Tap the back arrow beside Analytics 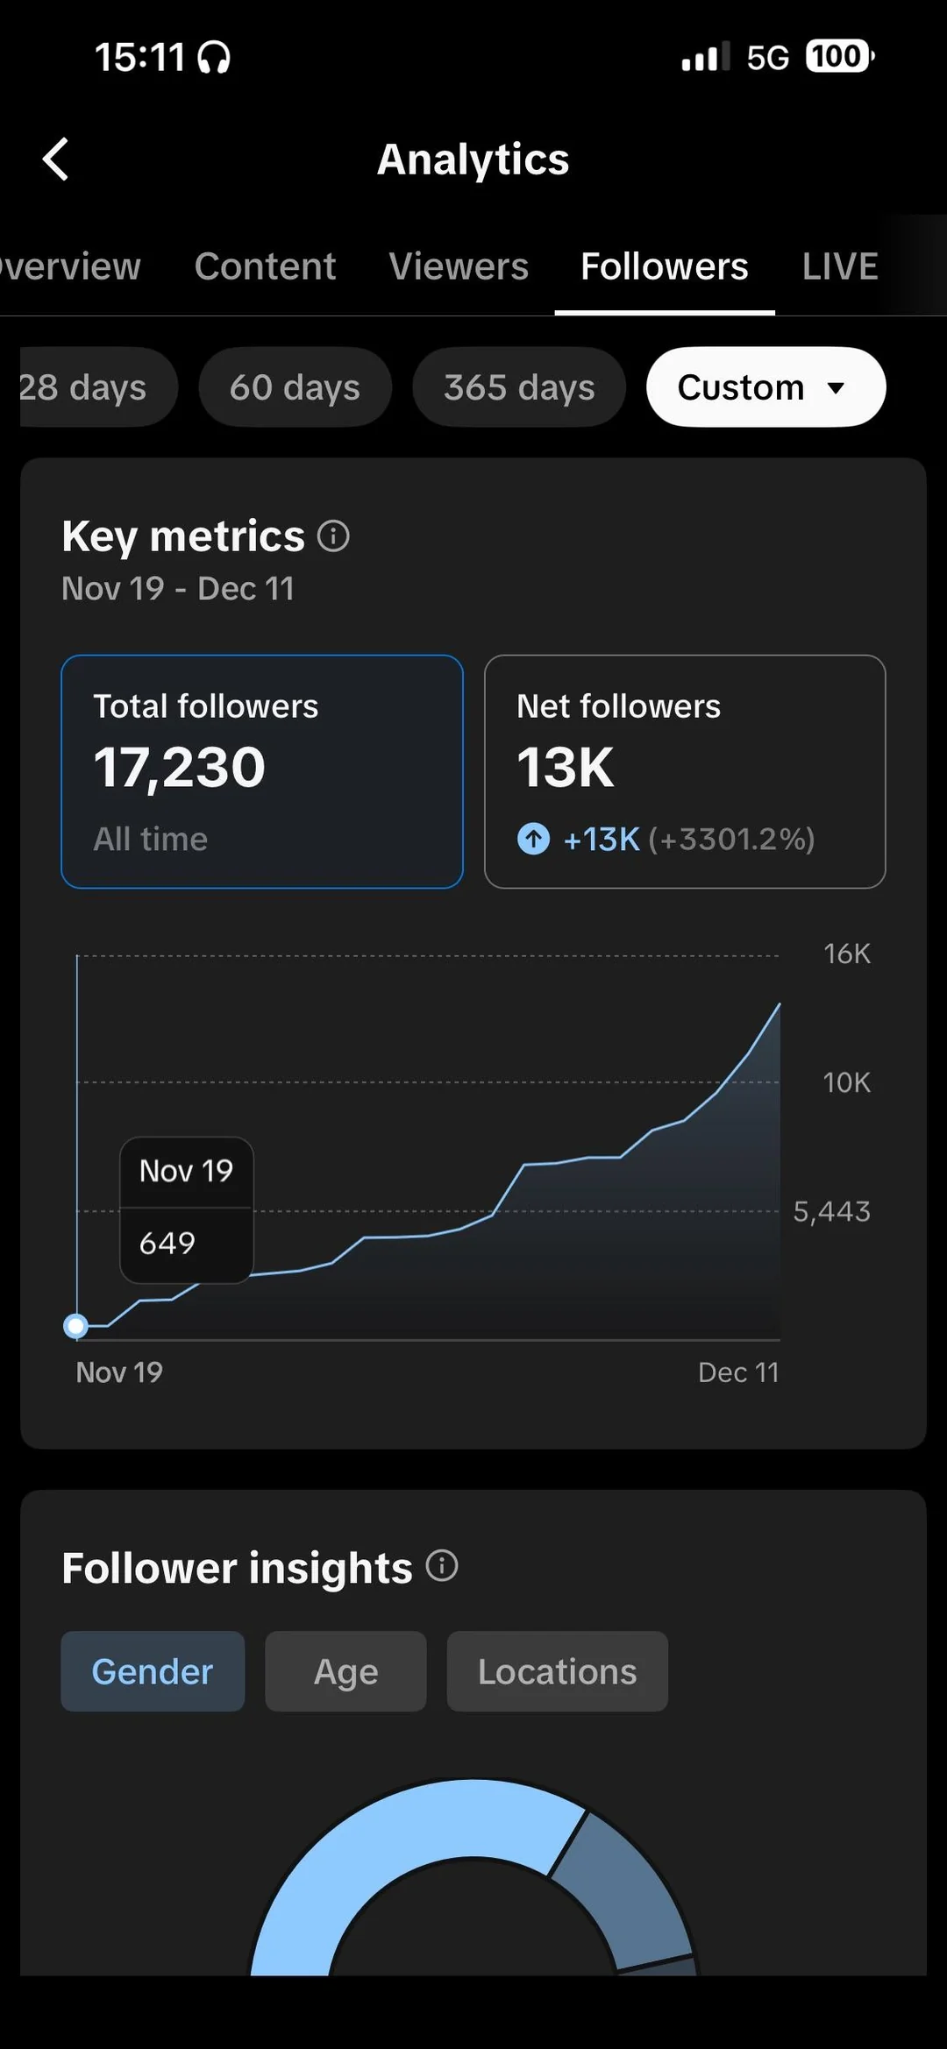click(x=56, y=160)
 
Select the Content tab click(x=265, y=266)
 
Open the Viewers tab click(x=459, y=266)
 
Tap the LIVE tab click(x=839, y=266)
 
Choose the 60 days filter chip click(x=295, y=387)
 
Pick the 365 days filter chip click(x=519, y=387)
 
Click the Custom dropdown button click(x=765, y=387)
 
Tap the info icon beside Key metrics click(x=333, y=535)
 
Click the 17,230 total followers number click(x=180, y=768)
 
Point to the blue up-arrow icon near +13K click(x=533, y=839)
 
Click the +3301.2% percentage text click(x=732, y=840)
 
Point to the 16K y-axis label click(x=846, y=954)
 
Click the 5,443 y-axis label click(x=831, y=1211)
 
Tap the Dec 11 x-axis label click(x=738, y=1372)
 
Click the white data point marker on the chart click(x=76, y=1326)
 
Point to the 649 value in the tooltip click(x=167, y=1243)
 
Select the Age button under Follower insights click(x=345, y=1671)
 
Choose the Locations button click(x=557, y=1671)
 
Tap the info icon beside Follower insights click(x=442, y=1565)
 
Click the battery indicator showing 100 click(x=838, y=57)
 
